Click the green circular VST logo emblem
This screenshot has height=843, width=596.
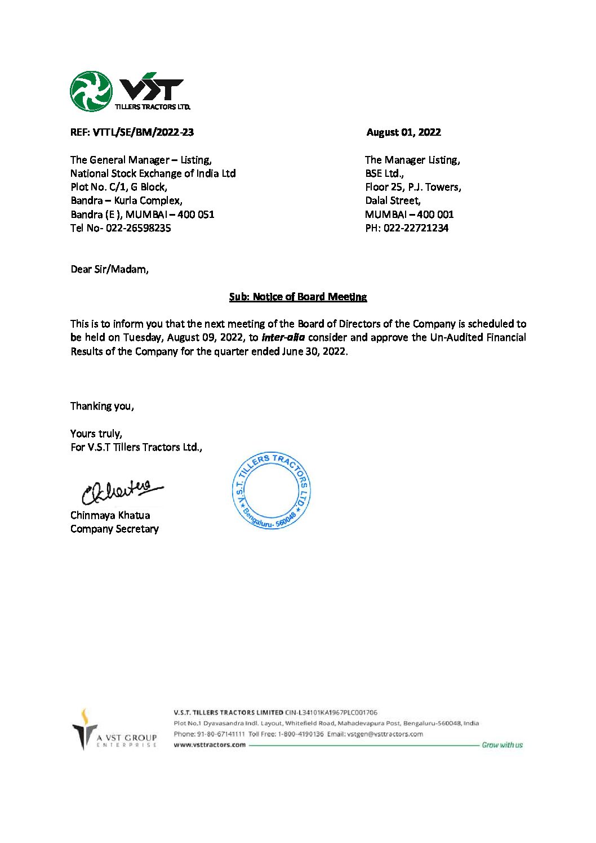pos(91,91)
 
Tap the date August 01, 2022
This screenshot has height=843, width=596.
pos(403,132)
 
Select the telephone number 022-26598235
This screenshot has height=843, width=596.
pos(138,228)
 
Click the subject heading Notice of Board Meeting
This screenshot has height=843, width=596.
pos(298,297)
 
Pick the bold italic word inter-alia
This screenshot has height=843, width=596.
pos(283,337)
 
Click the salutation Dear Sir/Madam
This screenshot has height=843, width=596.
pos(110,269)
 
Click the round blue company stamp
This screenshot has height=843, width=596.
pos(271,490)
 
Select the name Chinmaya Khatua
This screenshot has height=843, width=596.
pos(110,515)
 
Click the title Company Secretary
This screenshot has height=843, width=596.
pos(114,529)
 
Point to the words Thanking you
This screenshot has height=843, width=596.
pos(102,406)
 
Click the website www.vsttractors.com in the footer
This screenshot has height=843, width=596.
pos(210,744)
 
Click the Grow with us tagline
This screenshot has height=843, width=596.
pos(502,745)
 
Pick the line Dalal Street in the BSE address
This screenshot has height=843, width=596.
pos(393,200)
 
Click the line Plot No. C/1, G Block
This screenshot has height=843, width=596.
pos(118,187)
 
